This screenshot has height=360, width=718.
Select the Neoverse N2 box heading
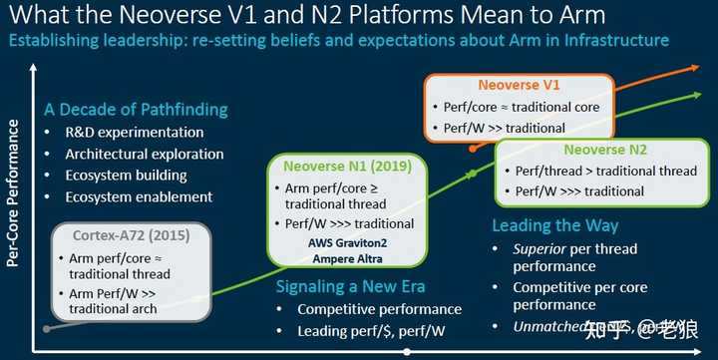[x=604, y=151]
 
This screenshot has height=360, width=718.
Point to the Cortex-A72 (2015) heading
[x=131, y=236]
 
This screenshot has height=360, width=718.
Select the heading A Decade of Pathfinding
[x=135, y=110]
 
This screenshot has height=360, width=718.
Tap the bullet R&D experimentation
[x=134, y=133]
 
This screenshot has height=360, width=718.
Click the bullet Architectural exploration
[x=144, y=154]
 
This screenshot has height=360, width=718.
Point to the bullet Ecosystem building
[x=126, y=175]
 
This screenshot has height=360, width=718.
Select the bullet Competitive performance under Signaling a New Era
[x=380, y=309]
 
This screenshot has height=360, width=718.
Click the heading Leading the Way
[x=554, y=226]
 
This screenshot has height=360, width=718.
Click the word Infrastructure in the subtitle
[x=619, y=40]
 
